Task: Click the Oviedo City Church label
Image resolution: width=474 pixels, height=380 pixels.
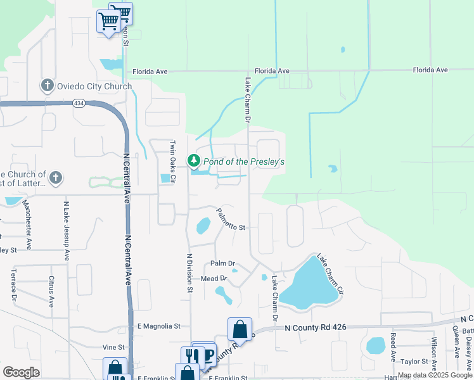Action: pos(94,87)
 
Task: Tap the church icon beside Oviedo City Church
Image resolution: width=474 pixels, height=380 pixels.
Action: pos(47,86)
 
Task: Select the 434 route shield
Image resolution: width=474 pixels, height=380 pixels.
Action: pos(79,103)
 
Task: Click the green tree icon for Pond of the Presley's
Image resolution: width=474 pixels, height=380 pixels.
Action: pos(194,161)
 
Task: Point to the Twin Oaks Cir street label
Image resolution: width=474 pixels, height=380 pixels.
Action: pos(171,160)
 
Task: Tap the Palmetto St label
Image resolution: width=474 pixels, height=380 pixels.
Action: pos(230,219)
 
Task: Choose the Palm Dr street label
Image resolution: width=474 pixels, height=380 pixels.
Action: pos(222,263)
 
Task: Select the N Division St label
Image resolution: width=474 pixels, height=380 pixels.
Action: pos(189,273)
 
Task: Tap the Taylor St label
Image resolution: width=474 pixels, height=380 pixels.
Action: pos(415,362)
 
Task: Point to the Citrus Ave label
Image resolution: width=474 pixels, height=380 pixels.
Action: pos(51,291)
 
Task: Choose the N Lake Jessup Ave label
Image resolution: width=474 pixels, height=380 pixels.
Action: pos(67,231)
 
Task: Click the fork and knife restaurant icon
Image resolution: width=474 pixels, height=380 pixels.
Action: pos(189,357)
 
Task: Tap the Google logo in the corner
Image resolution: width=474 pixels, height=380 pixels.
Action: pos(21,372)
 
